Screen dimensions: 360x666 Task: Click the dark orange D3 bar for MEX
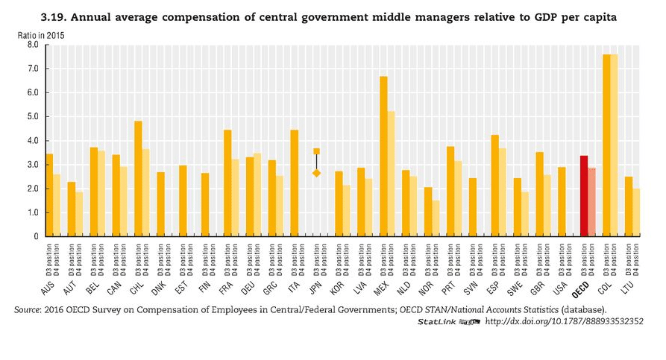(383, 157)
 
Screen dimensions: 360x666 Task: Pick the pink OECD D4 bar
(591, 202)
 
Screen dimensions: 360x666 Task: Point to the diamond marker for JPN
(316, 173)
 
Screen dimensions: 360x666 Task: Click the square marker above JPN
(316, 151)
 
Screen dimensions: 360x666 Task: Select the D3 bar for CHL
(138, 179)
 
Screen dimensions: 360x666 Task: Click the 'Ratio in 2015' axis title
(39, 34)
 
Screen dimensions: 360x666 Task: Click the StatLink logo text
(436, 321)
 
